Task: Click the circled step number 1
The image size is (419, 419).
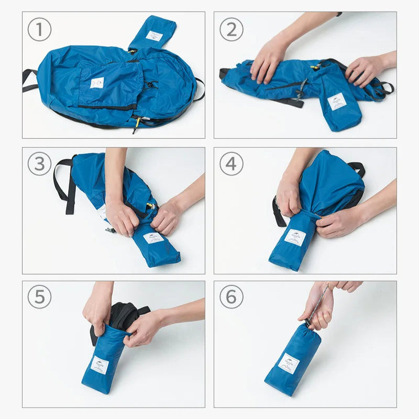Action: tap(39, 30)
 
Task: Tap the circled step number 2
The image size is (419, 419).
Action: tap(231, 30)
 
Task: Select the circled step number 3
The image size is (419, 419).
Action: tap(39, 164)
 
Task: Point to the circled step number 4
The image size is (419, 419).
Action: tap(231, 164)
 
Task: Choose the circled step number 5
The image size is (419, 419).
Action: tap(39, 297)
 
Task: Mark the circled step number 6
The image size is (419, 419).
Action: tap(231, 297)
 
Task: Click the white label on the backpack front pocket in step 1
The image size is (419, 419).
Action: tap(97, 83)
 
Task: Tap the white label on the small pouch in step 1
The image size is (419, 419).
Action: tap(154, 36)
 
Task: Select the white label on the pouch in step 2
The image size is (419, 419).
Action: tap(337, 102)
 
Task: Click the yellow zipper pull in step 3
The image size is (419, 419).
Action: tap(150, 206)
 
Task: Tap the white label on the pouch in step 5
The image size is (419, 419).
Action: tap(99, 365)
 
